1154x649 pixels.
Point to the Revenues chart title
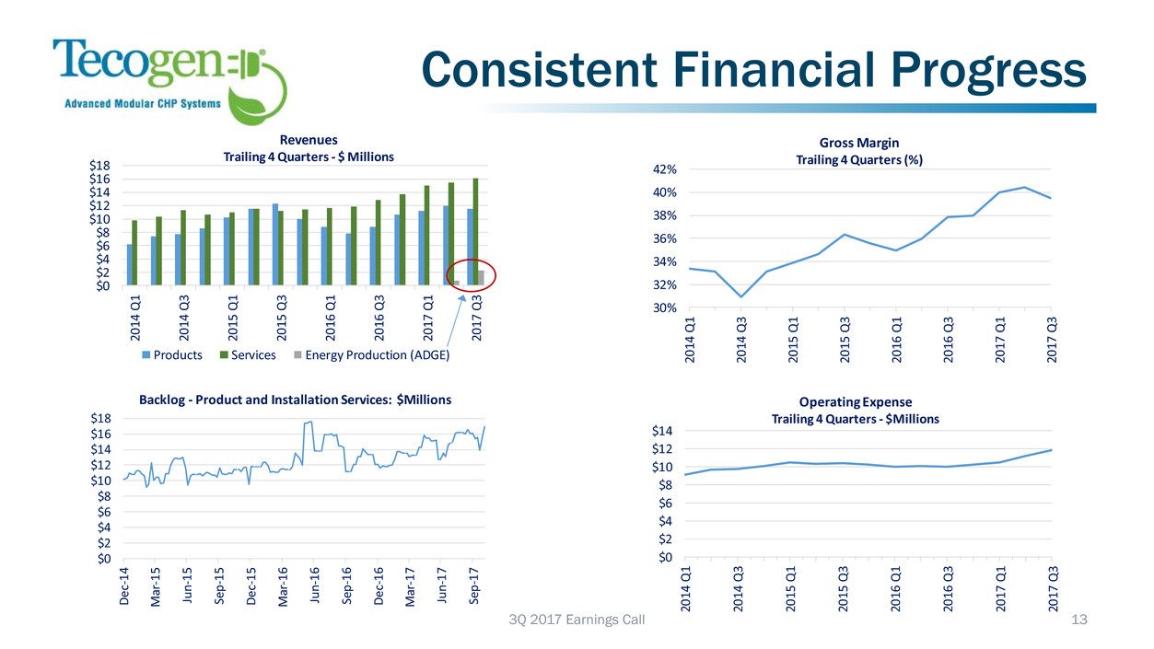(309, 140)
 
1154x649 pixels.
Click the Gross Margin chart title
(858, 143)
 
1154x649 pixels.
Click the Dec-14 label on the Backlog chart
(125, 585)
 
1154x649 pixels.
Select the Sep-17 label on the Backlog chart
(473, 585)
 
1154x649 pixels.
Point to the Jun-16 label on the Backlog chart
(313, 585)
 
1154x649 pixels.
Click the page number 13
(1079, 621)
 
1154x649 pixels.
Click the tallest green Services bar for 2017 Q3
(476, 231)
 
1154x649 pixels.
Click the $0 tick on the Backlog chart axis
(103, 558)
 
